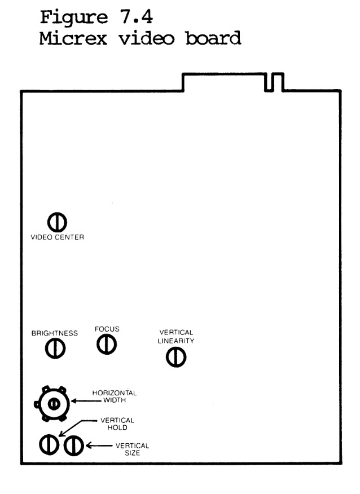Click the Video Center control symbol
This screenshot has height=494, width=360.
(56, 222)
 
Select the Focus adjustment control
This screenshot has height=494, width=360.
(106, 343)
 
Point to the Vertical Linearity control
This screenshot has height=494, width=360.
(177, 356)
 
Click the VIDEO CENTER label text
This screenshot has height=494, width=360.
(57, 238)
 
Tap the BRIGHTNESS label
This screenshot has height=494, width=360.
(55, 333)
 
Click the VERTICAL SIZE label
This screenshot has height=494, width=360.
(127, 449)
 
